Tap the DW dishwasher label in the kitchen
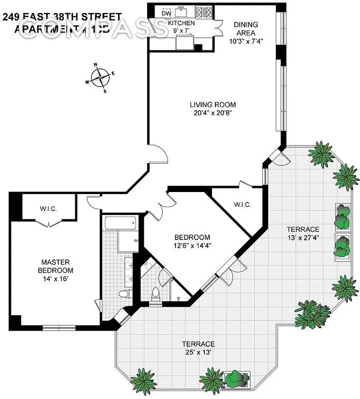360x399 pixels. pos(167,13)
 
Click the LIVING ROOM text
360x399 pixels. pos(212,105)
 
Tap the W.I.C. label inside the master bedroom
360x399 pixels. pos(48,208)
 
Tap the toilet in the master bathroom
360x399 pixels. pos(126,293)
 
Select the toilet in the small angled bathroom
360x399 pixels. pos(156,294)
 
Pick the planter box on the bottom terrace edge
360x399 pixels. pos(235,380)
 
